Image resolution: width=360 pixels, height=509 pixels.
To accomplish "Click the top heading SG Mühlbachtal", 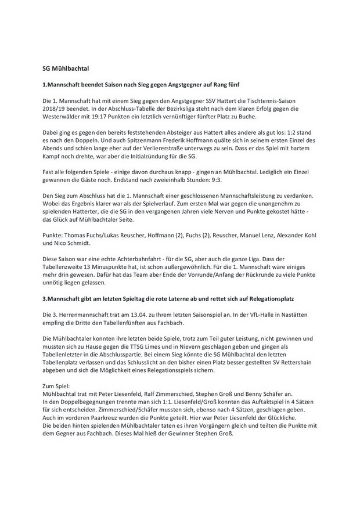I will [67, 68].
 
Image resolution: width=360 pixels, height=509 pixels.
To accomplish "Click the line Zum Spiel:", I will [60, 385].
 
